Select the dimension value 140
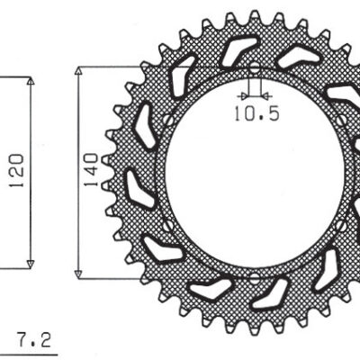(x=91, y=170)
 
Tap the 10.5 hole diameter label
(x=253, y=115)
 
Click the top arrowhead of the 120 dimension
(x=31, y=82)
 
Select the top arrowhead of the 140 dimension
(x=81, y=70)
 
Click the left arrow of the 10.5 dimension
(x=243, y=94)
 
